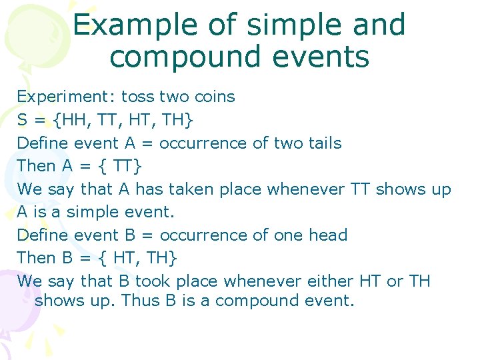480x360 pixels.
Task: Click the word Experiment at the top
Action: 66,97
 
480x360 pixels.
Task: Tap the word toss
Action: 138,97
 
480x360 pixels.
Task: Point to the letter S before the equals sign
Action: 23,120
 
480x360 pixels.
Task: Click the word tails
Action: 321,143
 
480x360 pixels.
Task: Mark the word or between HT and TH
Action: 395,281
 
